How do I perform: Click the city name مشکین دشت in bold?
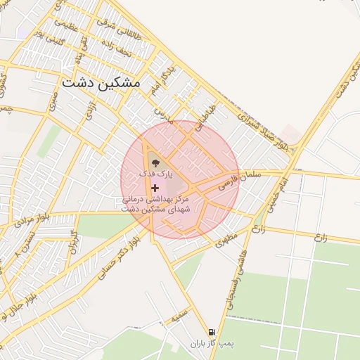tap(101, 82)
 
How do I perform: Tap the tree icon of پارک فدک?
tap(155, 164)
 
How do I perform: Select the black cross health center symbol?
tap(155, 188)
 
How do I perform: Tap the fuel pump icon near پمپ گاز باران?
tap(211, 332)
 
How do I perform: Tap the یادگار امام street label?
tap(160, 87)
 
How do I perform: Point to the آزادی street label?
tap(90, 110)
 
